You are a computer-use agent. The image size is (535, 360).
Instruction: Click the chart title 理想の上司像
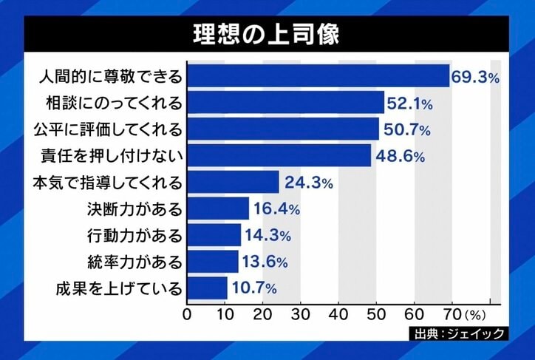click(x=267, y=35)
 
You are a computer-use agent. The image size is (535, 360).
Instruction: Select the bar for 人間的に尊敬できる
click(x=318, y=76)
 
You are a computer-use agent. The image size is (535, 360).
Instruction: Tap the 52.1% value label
click(x=411, y=102)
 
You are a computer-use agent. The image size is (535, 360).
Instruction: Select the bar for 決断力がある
click(x=217, y=208)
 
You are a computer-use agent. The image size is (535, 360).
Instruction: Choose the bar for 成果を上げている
click(x=206, y=288)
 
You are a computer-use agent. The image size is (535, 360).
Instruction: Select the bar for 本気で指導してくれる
click(x=233, y=182)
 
